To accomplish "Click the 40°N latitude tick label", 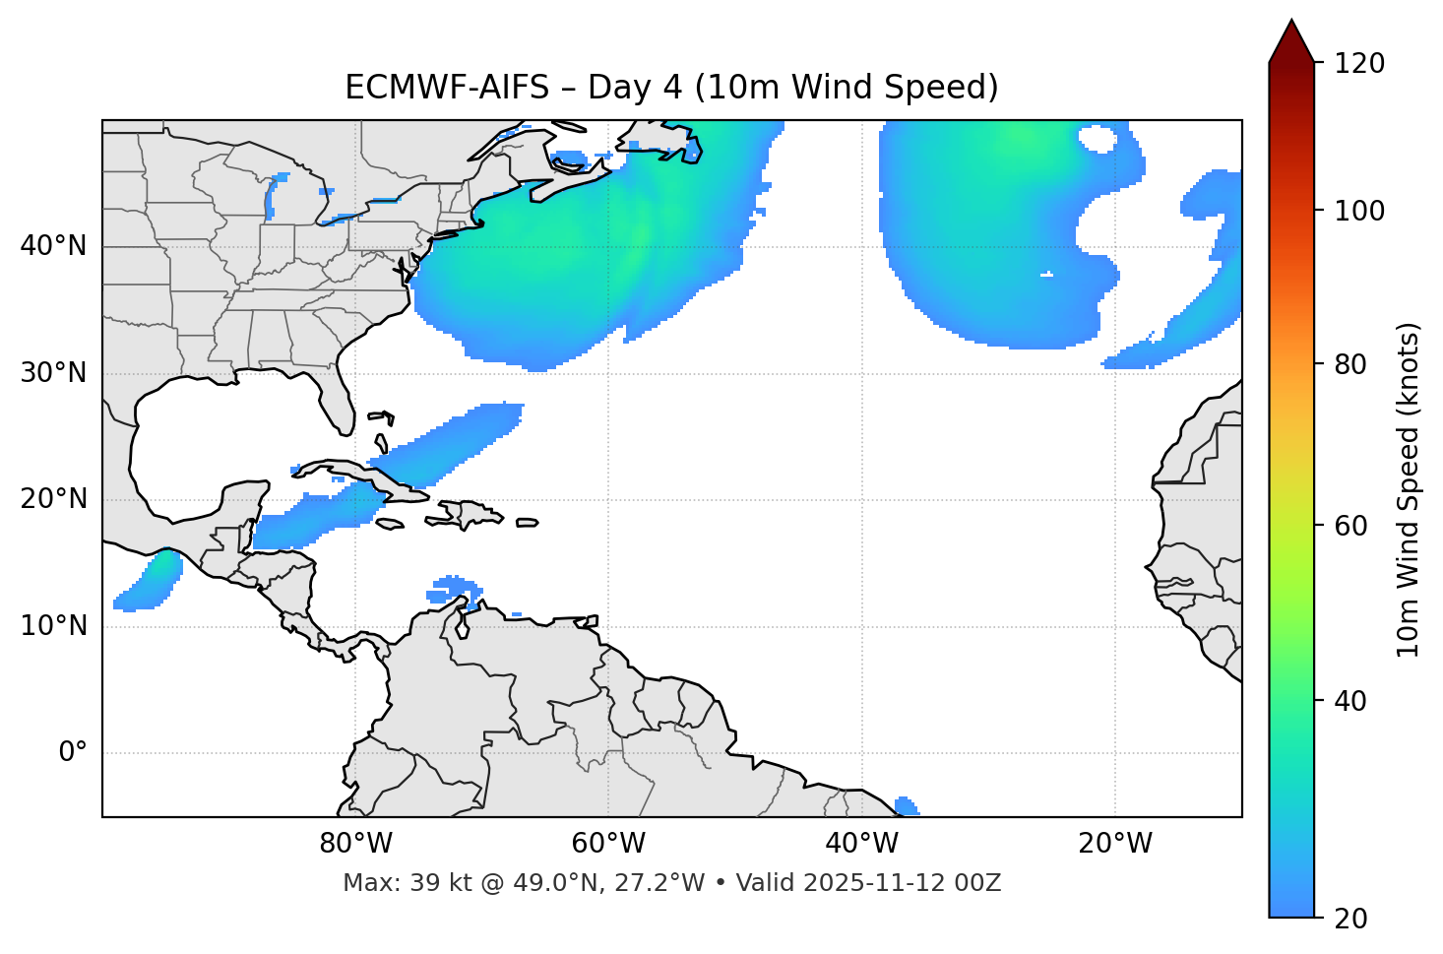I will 53,246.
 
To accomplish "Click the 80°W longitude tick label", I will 355,844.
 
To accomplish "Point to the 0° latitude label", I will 72,753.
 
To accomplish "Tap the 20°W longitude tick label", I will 1114,844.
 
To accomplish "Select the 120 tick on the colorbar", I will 1359,64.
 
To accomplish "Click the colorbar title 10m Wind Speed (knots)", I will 1408,489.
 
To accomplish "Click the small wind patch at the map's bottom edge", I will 907,806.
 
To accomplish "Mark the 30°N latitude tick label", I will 53,373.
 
